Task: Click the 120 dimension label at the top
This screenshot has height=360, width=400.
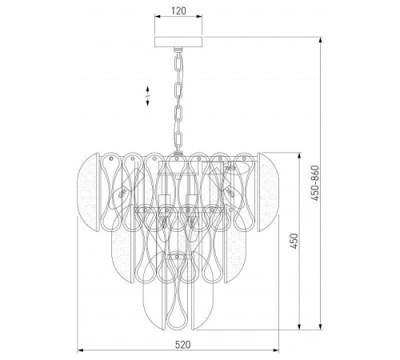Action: click(178, 10)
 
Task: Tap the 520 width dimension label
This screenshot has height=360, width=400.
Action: click(183, 345)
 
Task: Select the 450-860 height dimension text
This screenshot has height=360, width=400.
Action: click(315, 183)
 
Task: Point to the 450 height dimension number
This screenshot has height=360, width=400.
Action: click(294, 241)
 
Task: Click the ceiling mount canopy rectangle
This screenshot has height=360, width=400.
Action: click(178, 42)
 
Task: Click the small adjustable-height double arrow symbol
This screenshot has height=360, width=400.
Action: click(147, 96)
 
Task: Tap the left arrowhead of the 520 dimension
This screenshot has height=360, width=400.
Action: click(80, 350)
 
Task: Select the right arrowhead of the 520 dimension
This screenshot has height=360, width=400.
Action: click(276, 350)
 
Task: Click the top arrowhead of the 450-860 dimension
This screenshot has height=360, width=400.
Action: click(321, 40)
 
